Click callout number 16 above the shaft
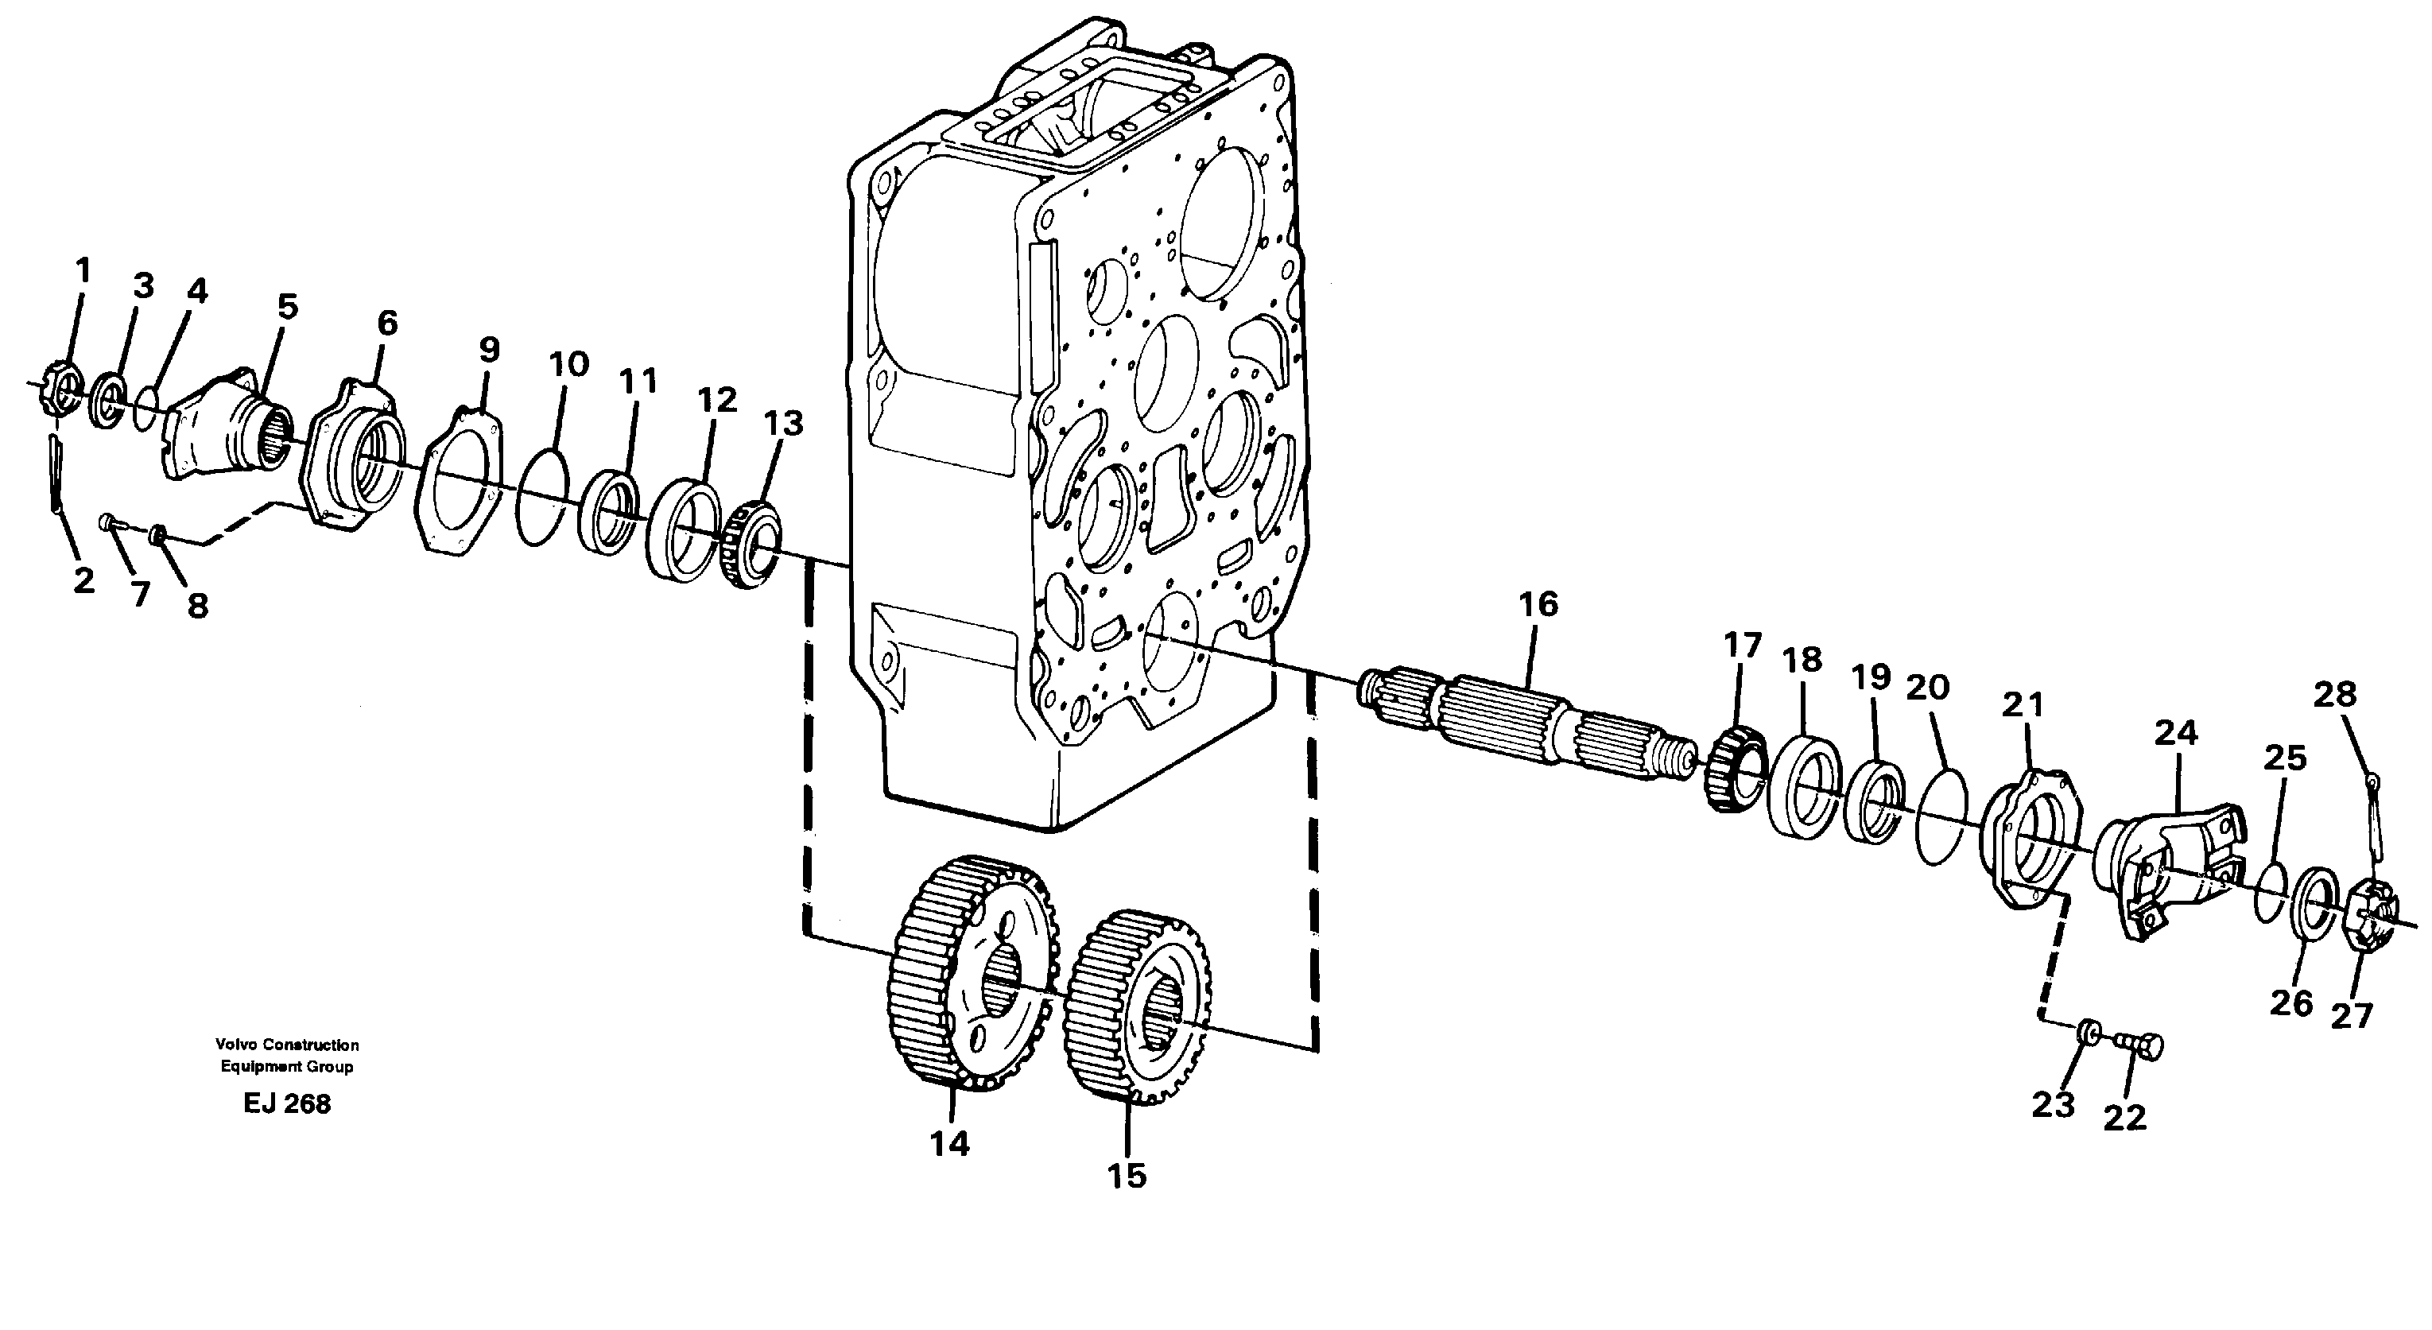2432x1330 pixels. point(1538,605)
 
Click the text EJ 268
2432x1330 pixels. point(286,1103)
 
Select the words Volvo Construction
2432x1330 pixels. point(287,1045)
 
